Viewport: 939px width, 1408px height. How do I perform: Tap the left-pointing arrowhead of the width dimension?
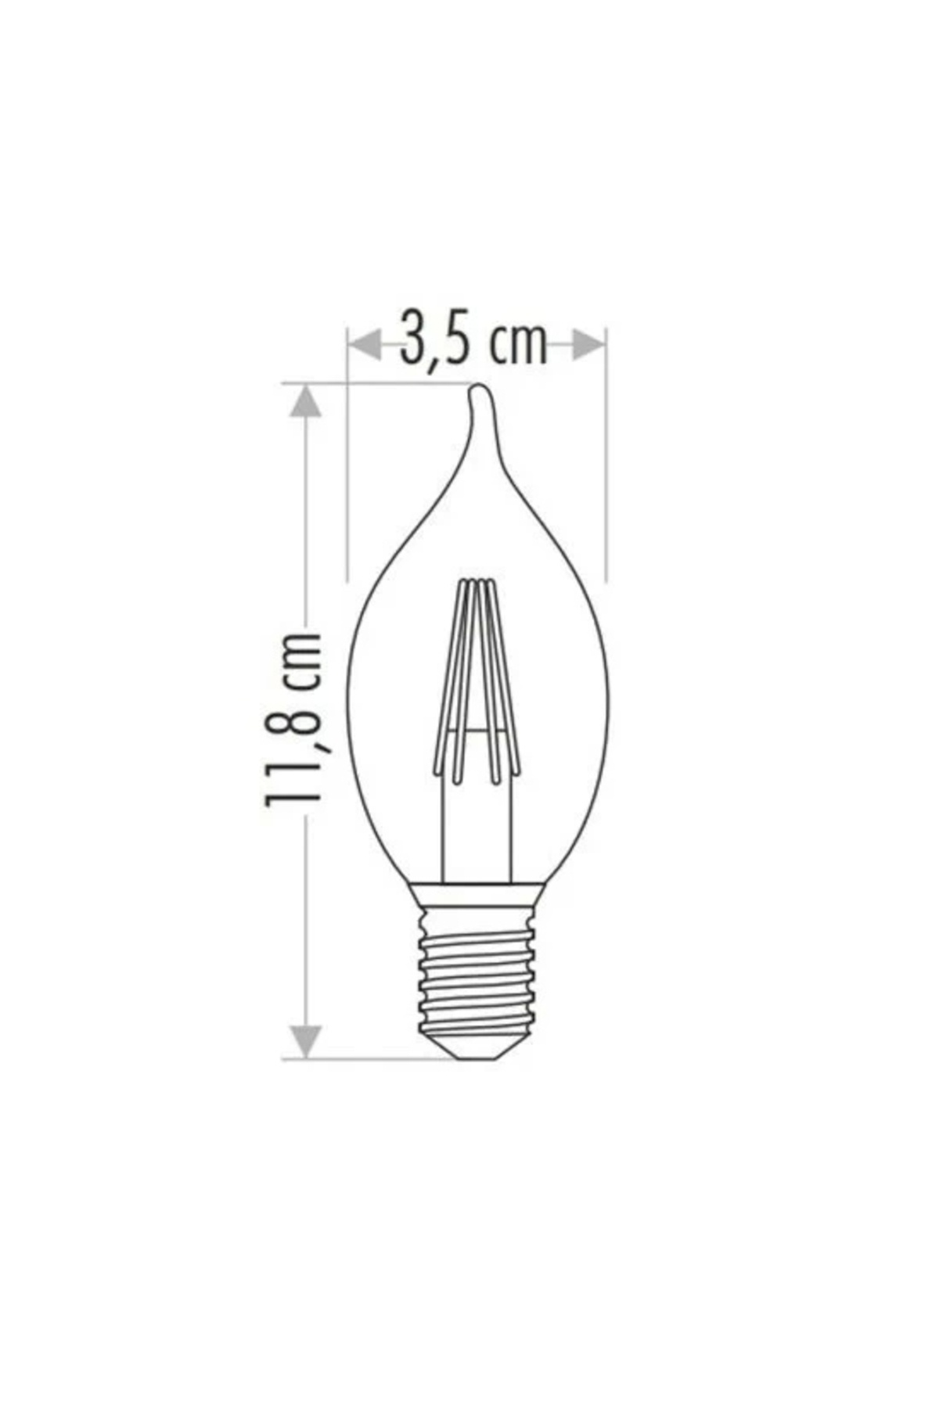[x=364, y=344]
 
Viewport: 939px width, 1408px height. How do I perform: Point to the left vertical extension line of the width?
[x=347, y=485]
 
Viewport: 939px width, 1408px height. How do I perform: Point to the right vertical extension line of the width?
[x=606, y=485]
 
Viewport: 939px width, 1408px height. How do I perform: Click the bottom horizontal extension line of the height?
[x=368, y=1060]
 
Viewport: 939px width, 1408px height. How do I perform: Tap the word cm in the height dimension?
[x=301, y=661]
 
